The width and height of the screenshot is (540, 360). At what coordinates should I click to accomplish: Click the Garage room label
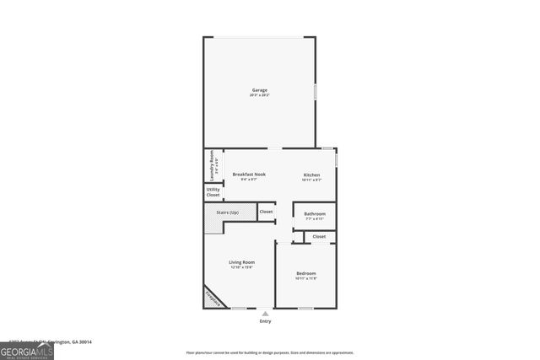(x=259, y=89)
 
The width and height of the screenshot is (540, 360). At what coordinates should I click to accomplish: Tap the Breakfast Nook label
(x=249, y=174)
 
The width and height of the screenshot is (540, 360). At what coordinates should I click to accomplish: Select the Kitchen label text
(x=312, y=174)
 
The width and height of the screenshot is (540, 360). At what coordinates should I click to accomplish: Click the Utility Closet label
(x=213, y=192)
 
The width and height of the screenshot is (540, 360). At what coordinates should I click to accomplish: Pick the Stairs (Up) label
(x=228, y=212)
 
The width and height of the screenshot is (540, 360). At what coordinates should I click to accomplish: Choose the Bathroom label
(x=315, y=213)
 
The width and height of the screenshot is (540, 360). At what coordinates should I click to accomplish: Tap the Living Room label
(x=242, y=262)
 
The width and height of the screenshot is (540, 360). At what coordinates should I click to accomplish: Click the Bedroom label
(x=305, y=273)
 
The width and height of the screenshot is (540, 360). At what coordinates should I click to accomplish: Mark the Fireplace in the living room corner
(x=214, y=298)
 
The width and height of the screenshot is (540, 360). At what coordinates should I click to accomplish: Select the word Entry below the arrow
(x=266, y=321)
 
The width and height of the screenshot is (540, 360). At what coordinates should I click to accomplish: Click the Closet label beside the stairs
(x=266, y=212)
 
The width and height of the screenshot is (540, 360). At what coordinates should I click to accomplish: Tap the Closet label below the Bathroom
(x=319, y=236)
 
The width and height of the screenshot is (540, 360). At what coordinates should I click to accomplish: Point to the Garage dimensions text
(x=259, y=95)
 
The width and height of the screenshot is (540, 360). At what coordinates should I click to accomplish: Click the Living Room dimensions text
(x=242, y=267)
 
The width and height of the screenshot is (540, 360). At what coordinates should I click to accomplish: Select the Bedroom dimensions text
(x=305, y=278)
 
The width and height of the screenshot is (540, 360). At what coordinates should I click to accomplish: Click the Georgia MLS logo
(x=27, y=349)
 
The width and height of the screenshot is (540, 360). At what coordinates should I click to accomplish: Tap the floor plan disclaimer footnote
(x=270, y=353)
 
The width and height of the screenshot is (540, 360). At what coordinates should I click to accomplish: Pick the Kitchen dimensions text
(x=312, y=179)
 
